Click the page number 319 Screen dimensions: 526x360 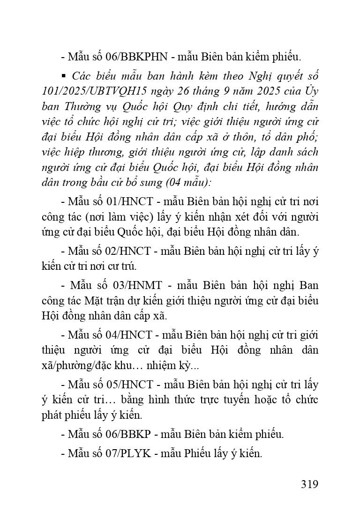[309, 484]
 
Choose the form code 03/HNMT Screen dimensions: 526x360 [139, 285]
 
